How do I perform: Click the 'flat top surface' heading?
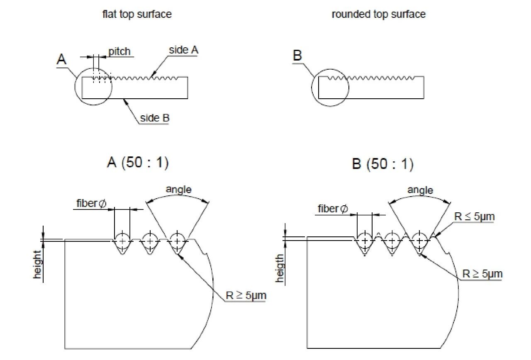pos(137,14)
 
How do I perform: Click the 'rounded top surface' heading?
pos(378,14)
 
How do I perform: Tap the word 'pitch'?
pos(119,51)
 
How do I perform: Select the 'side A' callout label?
pos(184,50)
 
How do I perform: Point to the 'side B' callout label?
pos(155,118)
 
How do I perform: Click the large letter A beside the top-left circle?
pos(61,60)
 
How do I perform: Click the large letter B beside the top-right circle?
pos(297,56)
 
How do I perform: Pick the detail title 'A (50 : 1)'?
pos(138,163)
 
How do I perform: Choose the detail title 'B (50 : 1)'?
pos(382,164)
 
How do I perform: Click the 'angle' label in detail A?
pos(179,190)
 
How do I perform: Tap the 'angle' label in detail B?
pos(420,190)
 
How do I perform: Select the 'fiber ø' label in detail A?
pos(92,204)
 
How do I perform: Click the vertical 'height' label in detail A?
pos(38,264)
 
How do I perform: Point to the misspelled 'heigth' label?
pos(280,269)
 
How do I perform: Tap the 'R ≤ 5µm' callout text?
pos(475,216)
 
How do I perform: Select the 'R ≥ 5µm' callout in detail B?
pos(482,274)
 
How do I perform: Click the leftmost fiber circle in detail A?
pos(122,240)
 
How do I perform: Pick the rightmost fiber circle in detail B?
pos(419,240)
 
